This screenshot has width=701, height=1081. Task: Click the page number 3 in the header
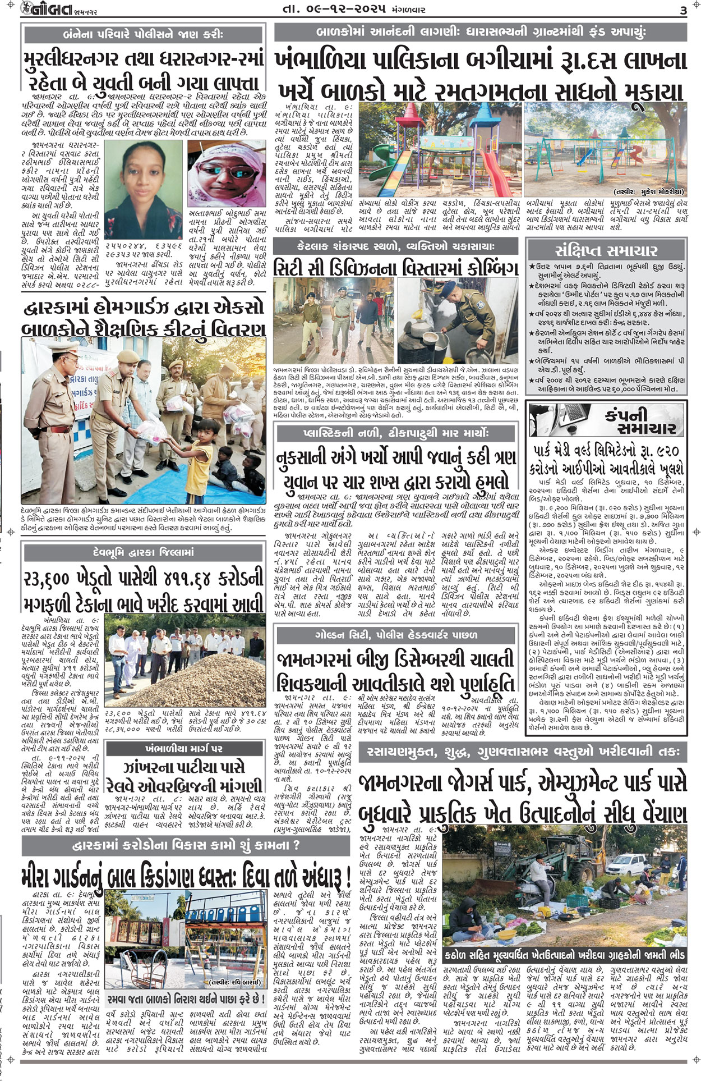(682, 10)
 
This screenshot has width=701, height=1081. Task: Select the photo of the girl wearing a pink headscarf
(227, 174)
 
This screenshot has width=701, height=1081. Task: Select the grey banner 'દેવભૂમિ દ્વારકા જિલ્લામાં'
(144, 552)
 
